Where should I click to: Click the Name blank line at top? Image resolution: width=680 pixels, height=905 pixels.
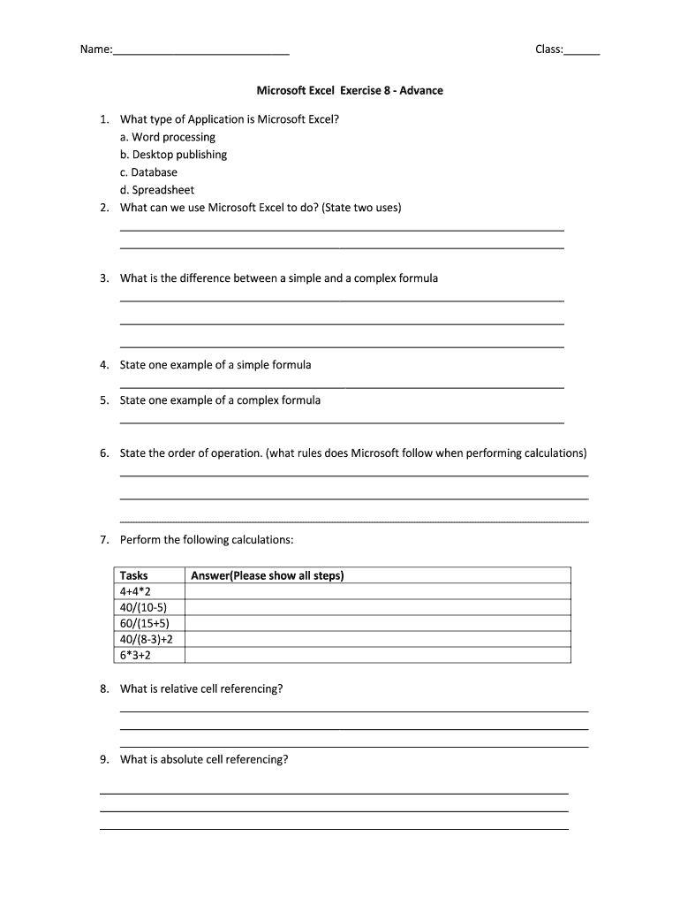pos(200,50)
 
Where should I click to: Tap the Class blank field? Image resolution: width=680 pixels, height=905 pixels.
pos(582,50)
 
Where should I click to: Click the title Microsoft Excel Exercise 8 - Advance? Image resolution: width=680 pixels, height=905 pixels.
pos(350,91)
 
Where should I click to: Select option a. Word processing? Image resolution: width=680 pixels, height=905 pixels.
pos(168,137)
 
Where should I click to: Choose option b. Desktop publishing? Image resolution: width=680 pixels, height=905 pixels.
pos(173,155)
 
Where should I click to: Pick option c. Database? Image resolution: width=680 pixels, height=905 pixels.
pos(148,172)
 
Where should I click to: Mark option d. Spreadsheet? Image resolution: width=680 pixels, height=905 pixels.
pos(157,190)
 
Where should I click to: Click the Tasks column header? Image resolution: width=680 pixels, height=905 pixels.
pos(134,575)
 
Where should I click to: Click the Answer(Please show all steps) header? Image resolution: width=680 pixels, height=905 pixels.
pos(267,575)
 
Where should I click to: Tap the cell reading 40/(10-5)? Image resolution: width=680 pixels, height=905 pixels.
pos(142,607)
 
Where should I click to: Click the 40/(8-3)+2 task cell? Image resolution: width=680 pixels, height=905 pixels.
pos(147,639)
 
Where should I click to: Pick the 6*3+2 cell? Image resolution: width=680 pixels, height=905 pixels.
pos(135,655)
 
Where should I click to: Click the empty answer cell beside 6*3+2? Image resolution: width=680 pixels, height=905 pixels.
pos(377,655)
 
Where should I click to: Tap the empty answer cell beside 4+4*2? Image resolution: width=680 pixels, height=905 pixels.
pos(377,591)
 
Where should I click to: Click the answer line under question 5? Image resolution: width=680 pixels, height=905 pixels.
pos(341,422)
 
